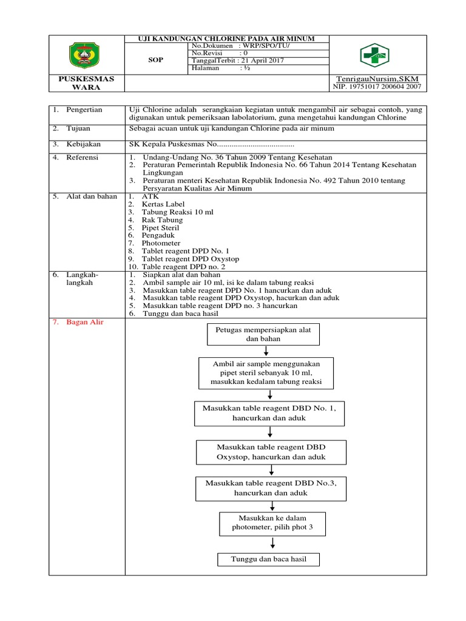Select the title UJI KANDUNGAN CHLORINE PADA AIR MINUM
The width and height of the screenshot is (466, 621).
click(228, 39)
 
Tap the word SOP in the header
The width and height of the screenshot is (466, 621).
click(156, 61)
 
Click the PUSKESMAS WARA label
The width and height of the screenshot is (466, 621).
click(86, 83)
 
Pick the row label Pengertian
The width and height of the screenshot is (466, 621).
click(84, 110)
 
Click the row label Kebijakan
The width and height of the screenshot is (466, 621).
click(84, 144)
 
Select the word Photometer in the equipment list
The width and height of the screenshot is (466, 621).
click(161, 243)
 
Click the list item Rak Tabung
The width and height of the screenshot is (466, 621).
click(162, 220)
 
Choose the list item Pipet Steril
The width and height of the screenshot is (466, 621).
click(161, 228)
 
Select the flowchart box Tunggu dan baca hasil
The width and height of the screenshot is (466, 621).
click(267, 559)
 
